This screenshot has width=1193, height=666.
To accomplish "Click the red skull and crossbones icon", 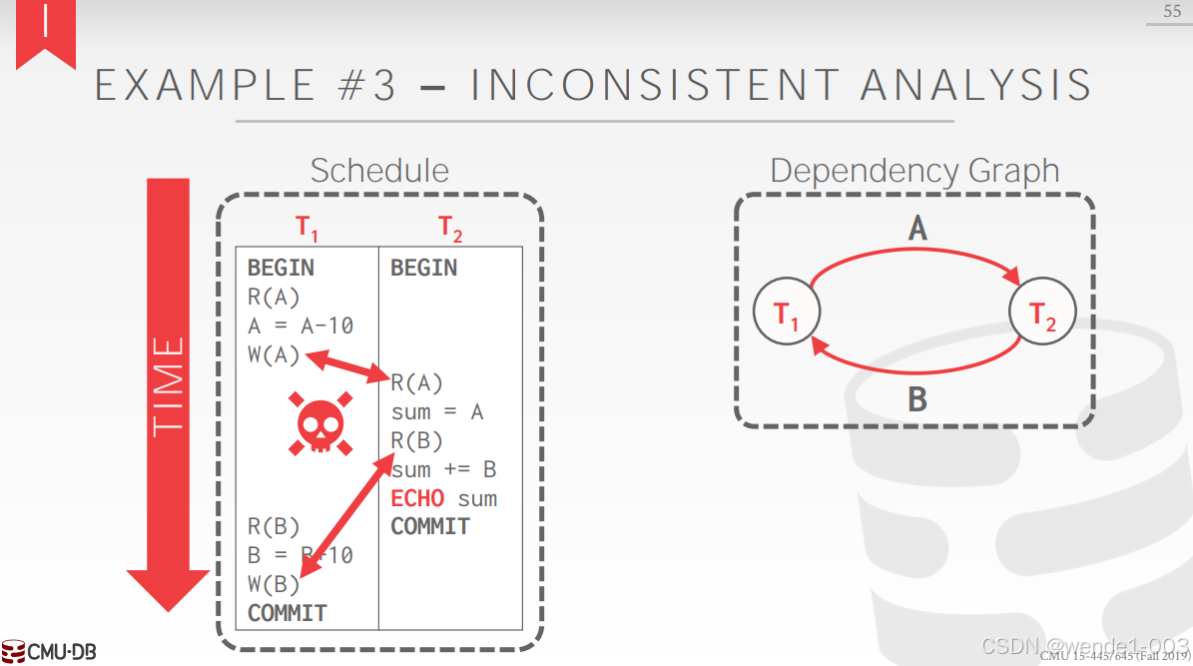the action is [x=319, y=422].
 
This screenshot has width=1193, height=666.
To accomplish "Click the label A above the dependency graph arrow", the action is [x=917, y=230].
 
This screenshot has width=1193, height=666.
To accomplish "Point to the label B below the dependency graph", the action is [x=917, y=399].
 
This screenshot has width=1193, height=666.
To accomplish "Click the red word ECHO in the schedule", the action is [x=417, y=498].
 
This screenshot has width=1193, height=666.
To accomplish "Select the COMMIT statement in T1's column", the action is [x=288, y=612].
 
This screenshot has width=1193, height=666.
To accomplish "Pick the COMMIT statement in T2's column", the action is [x=430, y=526].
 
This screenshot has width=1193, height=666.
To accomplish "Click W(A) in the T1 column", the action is [x=274, y=354].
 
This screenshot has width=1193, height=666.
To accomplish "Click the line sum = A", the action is [x=437, y=412].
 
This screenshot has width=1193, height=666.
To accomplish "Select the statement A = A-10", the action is [x=300, y=326].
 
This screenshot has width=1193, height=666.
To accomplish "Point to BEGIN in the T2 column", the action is [x=423, y=268].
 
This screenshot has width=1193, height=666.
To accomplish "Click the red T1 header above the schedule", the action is [x=307, y=229].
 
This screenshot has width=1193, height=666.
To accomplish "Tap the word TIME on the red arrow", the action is [x=169, y=385].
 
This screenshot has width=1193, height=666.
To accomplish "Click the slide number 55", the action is [x=1171, y=11].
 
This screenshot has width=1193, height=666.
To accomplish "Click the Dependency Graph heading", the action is [x=914, y=171].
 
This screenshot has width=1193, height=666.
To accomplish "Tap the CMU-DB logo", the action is [x=50, y=652].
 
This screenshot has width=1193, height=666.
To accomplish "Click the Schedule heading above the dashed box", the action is [x=379, y=171].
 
